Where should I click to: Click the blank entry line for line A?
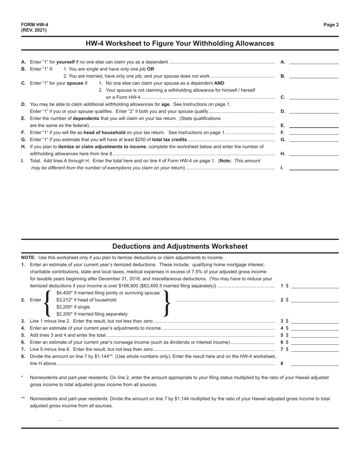point(314,62)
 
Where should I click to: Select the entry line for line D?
point(314,111)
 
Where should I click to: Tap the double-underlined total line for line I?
point(314,167)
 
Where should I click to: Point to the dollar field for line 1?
point(315,286)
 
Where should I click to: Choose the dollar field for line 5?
point(315,335)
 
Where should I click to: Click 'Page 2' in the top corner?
point(331,25)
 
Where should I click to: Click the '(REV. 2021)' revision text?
point(34,30)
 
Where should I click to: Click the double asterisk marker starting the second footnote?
point(23,399)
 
